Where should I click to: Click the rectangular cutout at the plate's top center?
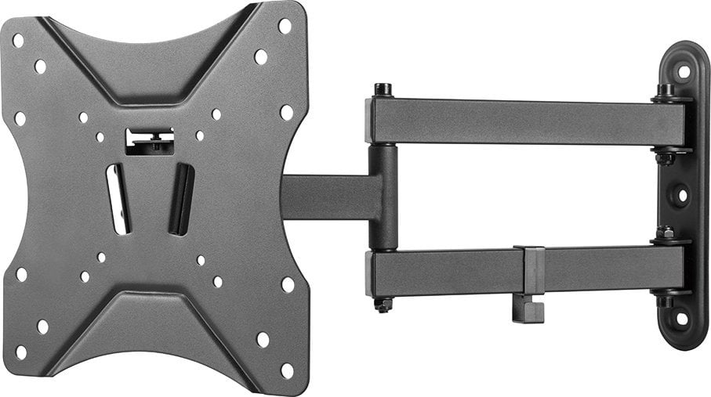150,141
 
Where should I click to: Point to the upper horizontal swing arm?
525,121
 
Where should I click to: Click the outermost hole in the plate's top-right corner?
285,26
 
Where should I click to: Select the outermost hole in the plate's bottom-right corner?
286,370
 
